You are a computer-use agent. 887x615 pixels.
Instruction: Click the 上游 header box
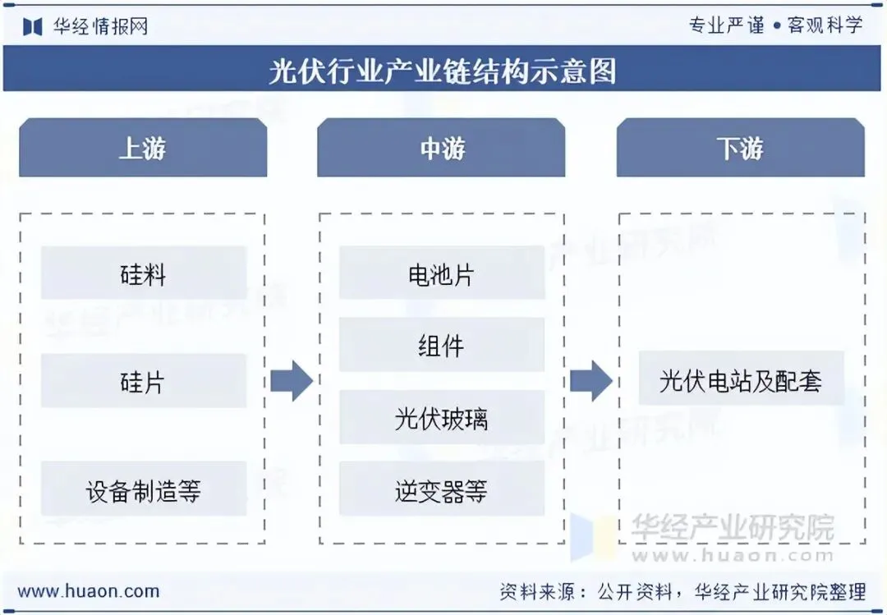143,148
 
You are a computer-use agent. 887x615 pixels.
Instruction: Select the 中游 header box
441,148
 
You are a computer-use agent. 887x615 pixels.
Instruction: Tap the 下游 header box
740,148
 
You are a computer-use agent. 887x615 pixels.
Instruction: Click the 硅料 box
143,273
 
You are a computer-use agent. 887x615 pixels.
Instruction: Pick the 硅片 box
143,381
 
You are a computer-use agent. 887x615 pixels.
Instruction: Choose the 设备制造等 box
143,490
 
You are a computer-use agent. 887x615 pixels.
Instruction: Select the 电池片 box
441,273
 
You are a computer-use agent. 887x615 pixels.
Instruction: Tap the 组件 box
441,346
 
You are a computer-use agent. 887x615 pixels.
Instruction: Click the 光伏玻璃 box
441,418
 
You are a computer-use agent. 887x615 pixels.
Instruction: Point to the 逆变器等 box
441,490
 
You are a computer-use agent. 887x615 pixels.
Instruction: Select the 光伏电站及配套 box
741,379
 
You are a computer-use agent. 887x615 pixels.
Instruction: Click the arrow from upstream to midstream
292,380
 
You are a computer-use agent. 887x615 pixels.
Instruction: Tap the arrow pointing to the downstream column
591,380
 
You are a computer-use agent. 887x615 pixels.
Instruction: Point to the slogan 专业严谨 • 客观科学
776,25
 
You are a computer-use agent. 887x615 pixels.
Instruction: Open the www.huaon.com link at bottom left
88,590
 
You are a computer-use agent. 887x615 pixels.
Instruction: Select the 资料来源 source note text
682,590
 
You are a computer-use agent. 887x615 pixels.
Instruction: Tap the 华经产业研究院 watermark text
731,527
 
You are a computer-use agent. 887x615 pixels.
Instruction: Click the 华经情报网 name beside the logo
100,26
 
